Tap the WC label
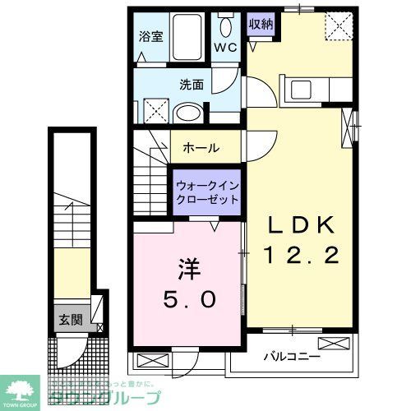click(224, 48)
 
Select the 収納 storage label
click(262, 23)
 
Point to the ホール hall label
click(201, 148)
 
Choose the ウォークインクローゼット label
click(207, 192)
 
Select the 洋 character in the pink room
click(187, 270)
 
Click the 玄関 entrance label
click(70, 320)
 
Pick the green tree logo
click(22, 390)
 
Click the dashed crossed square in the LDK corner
click(337, 25)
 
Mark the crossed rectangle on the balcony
click(333, 343)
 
